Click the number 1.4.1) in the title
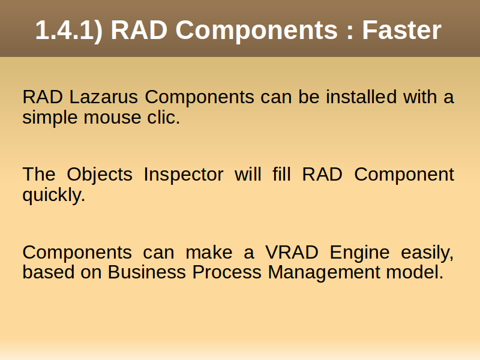[69, 31]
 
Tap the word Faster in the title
[401, 30]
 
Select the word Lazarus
[103, 97]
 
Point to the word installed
[361, 97]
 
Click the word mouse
[112, 117]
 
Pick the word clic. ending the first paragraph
[163, 117]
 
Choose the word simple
[50, 118]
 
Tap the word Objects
[100, 175]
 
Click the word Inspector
[184, 175]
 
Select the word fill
[281, 174]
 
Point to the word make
[209, 253]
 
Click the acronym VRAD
[292, 253]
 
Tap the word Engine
[359, 253]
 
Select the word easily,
[427, 253]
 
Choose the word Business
[146, 272]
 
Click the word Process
[227, 272]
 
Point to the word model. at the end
[415, 272]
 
